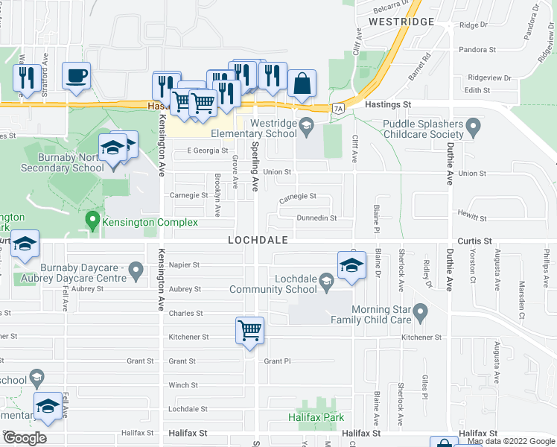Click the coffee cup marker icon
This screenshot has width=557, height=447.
tap(76, 75)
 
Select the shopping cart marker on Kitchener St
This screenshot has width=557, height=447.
tap(249, 329)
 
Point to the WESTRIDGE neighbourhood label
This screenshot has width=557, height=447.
tap(401, 22)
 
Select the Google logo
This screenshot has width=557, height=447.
tap(25, 438)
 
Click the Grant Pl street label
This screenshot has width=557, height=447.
tap(277, 361)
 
